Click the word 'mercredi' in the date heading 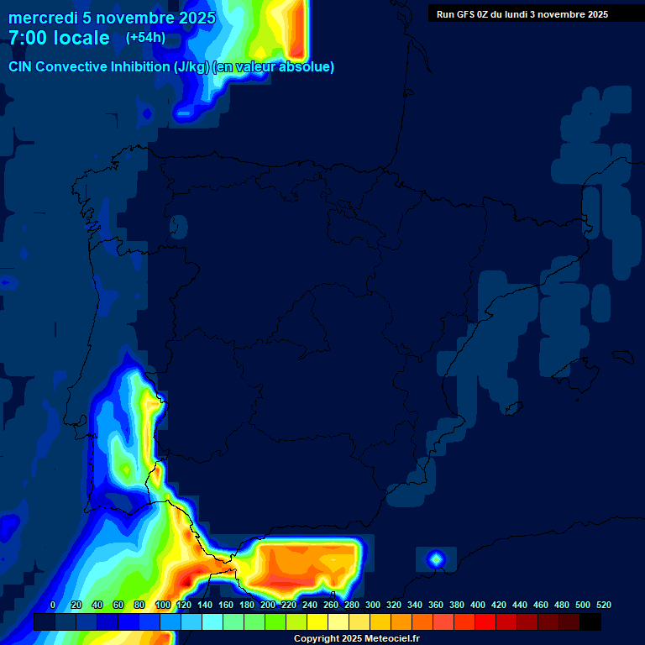(44, 18)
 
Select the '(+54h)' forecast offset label (145, 38)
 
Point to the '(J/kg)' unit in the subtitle (192, 67)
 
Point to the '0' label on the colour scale (53, 605)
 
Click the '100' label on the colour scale (163, 605)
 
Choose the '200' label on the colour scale (268, 605)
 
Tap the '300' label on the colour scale (373, 605)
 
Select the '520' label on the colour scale (603, 605)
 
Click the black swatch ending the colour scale (590, 622)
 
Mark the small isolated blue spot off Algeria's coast (435, 558)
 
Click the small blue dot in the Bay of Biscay (147, 113)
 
